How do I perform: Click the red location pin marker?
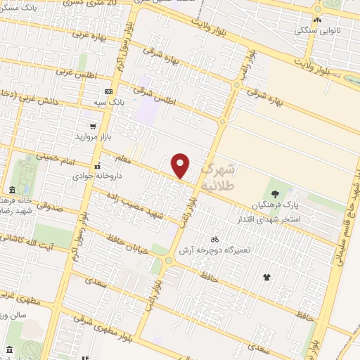(181, 165)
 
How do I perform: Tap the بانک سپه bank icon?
(108, 91)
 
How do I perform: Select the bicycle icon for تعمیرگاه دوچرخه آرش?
(214, 239)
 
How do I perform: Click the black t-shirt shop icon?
(266, 277)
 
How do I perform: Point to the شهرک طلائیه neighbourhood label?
(219, 176)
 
